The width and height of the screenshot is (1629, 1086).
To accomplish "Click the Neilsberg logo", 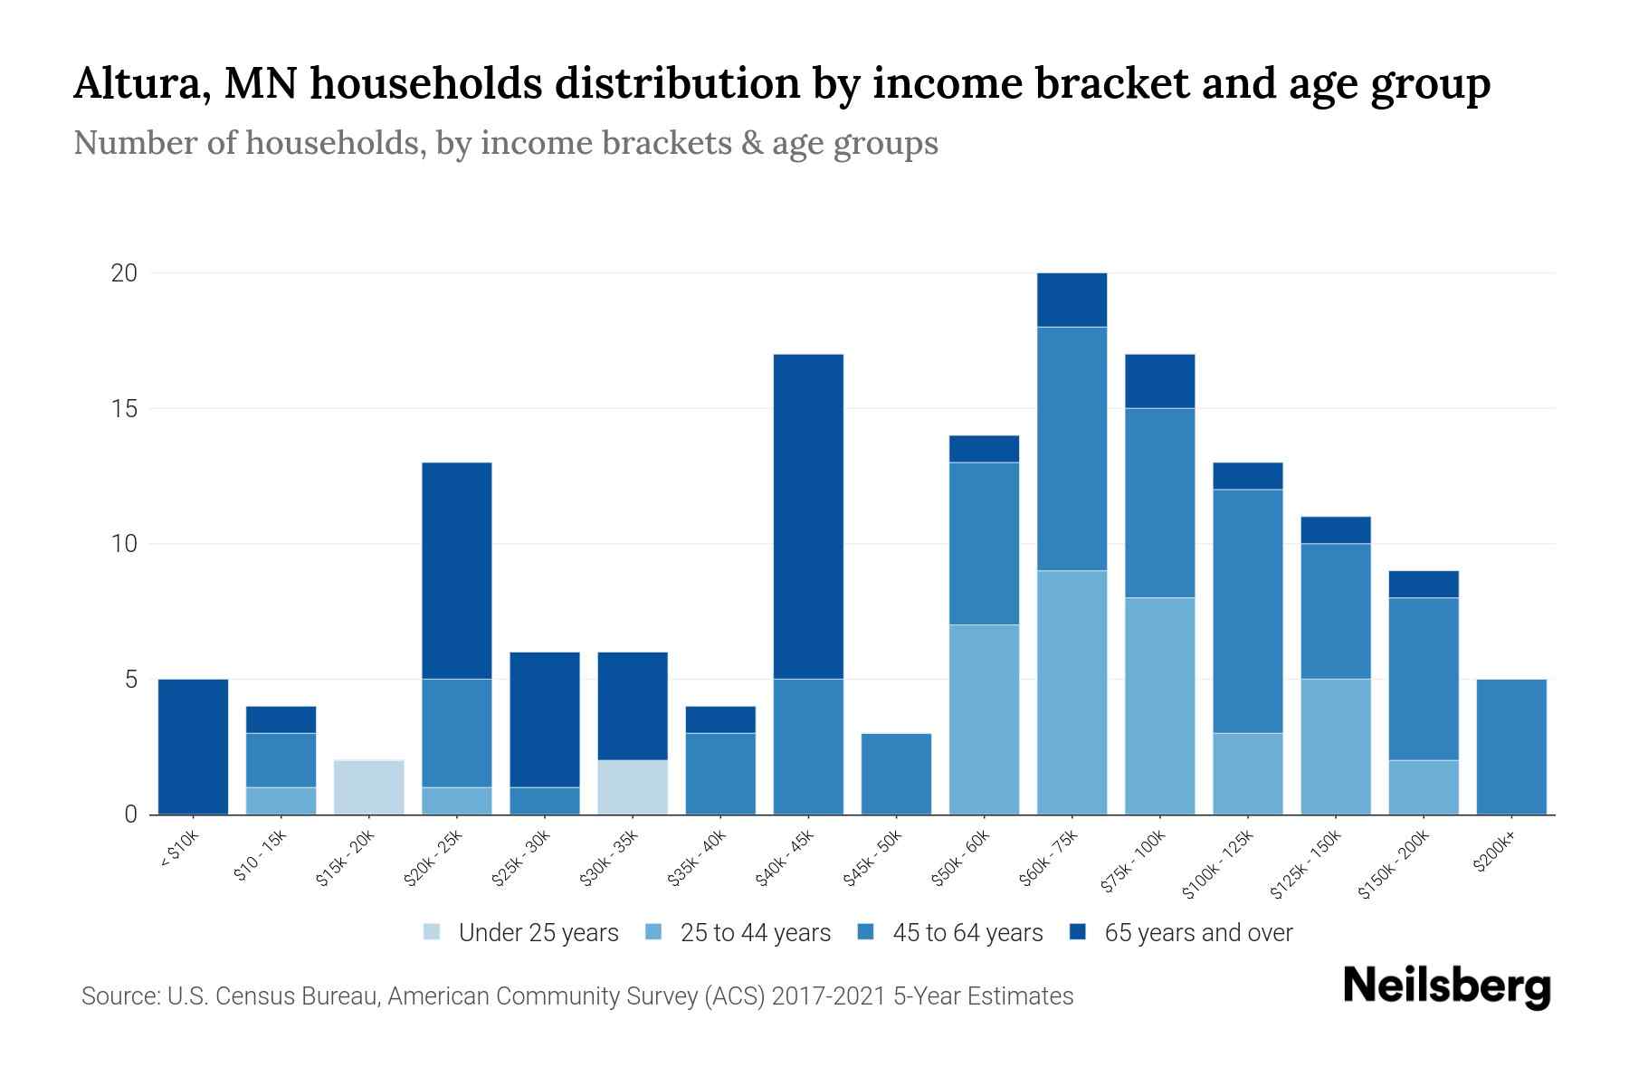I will tap(1447, 986).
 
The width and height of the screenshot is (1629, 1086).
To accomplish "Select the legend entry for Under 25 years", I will tap(521, 933).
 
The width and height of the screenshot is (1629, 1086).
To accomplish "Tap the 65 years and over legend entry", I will tap(1180, 933).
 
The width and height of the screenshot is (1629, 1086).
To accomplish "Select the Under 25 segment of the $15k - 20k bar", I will tap(369, 787).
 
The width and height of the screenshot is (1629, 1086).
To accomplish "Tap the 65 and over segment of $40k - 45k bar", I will tap(808, 516).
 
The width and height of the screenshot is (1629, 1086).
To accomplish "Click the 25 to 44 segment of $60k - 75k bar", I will tap(1072, 692).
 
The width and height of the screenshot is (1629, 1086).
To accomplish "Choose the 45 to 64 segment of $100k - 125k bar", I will tap(1248, 611).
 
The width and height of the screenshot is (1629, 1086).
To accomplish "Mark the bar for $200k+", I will tap(1511, 747).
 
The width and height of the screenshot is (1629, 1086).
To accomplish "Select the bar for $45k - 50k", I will tap(896, 774).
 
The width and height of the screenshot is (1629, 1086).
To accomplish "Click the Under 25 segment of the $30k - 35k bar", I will tap(633, 787).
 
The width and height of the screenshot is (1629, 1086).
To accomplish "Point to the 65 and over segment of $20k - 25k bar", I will tap(457, 570).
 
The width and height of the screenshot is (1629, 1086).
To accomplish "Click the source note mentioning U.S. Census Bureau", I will tap(577, 996).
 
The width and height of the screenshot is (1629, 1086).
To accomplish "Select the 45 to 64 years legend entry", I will tap(954, 933).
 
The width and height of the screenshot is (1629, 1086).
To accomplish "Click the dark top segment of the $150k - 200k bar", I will tap(1424, 585).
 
